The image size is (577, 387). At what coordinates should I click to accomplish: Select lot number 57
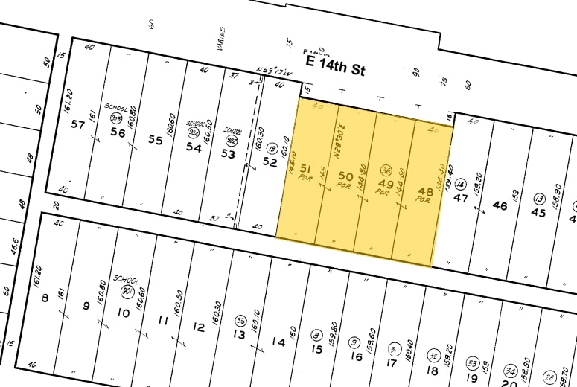(77, 124)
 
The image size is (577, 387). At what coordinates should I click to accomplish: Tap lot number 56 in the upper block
(117, 132)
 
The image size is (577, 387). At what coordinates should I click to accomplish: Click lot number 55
(155, 140)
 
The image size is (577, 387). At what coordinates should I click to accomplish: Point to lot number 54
(194, 147)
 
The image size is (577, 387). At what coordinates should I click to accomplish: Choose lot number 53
(228, 154)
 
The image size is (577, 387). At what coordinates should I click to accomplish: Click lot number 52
(270, 161)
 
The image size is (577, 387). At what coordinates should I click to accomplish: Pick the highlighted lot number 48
(424, 191)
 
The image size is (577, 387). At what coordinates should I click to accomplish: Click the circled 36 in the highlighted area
(386, 169)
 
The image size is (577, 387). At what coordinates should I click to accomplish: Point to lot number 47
(461, 198)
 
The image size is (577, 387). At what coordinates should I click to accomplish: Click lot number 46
(500, 205)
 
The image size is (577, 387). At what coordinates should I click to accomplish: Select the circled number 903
(116, 118)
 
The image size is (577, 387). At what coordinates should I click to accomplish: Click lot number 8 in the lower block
(45, 298)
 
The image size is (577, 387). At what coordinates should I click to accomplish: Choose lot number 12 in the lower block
(198, 327)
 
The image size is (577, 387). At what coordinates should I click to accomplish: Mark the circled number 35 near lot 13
(240, 320)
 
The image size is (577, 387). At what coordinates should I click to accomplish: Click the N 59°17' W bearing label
(272, 71)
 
